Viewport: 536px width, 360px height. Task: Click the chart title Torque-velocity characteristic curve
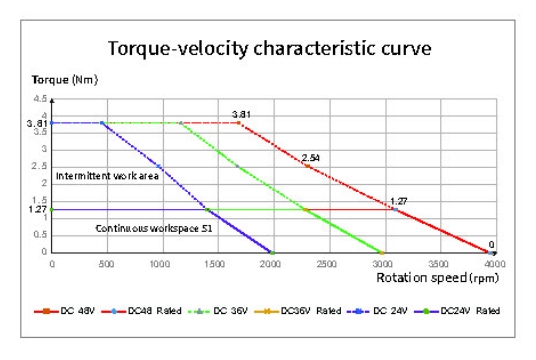(x=269, y=49)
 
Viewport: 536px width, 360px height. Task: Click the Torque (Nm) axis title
(x=65, y=80)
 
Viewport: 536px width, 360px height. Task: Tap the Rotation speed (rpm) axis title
(x=438, y=278)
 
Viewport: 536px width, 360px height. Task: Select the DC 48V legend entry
(x=64, y=311)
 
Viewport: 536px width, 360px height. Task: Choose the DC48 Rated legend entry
(x=141, y=311)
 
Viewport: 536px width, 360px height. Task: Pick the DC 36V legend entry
(x=218, y=311)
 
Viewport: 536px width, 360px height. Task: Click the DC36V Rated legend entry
(x=298, y=311)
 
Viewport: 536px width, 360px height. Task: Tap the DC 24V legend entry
(x=377, y=311)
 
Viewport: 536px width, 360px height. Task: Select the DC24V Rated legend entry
(x=457, y=311)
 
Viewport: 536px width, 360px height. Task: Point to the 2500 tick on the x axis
(x=326, y=264)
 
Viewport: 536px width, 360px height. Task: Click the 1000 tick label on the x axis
(x=160, y=264)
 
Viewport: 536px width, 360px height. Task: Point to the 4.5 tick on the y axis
(x=40, y=99)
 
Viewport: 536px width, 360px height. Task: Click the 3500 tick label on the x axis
(x=438, y=264)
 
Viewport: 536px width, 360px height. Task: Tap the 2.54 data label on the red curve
(x=310, y=158)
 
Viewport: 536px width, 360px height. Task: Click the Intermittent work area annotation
(x=107, y=176)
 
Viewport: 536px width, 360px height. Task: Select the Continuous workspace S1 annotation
(x=154, y=228)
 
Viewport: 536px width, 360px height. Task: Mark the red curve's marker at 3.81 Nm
(x=239, y=123)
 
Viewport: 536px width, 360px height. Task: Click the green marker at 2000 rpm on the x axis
(x=272, y=253)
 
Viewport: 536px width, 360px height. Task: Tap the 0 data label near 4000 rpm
(x=491, y=245)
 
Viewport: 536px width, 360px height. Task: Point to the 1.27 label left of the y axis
(x=37, y=209)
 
